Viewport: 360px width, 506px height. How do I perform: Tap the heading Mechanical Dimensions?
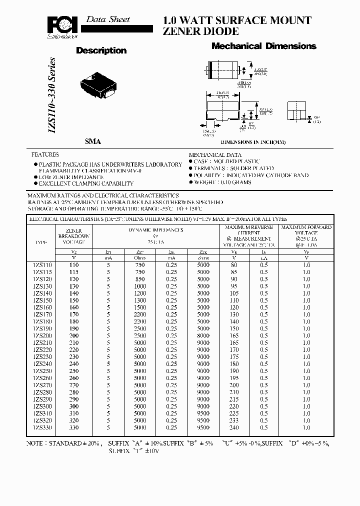click(x=264, y=46)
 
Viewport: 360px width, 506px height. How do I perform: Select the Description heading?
click(x=101, y=50)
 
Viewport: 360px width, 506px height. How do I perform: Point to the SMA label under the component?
click(x=92, y=142)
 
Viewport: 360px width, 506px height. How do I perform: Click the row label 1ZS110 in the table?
click(x=41, y=264)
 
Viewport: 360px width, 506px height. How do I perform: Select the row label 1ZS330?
click(x=41, y=428)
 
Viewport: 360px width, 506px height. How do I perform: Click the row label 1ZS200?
click(x=41, y=335)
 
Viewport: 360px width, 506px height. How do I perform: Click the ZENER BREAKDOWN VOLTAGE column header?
click(x=74, y=235)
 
